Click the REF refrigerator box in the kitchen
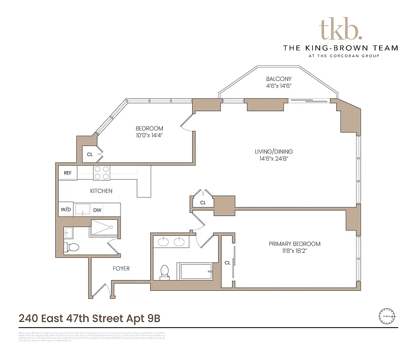tap(67, 173)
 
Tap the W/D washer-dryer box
tap(66, 210)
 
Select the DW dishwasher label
tap(97, 210)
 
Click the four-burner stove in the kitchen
tap(102, 173)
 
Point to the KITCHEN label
tap(101, 191)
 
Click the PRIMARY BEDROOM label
tap(295, 244)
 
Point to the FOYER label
tap(121, 269)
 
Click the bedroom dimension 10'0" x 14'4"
tap(149, 135)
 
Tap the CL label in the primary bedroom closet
tap(228, 263)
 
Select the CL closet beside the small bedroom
tap(90, 154)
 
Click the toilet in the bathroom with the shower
tap(72, 247)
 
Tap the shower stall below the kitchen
tap(104, 228)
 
